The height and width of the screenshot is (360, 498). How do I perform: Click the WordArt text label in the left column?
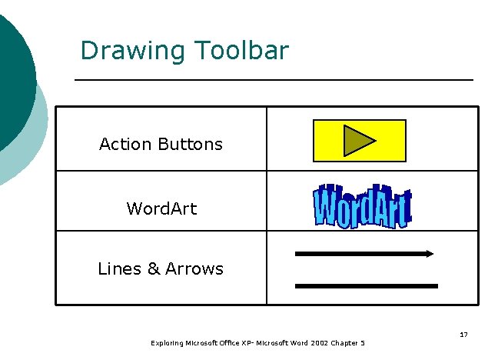click(x=161, y=208)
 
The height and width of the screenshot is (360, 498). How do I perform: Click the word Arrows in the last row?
click(x=194, y=268)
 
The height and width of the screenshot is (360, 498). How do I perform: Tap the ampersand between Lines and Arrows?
click(x=153, y=268)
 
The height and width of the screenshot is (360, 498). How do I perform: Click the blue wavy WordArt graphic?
click(x=362, y=206)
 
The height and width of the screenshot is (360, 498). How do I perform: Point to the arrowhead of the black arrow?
click(x=429, y=253)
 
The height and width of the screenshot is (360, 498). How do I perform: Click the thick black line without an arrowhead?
click(x=367, y=285)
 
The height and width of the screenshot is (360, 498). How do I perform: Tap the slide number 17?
click(x=463, y=335)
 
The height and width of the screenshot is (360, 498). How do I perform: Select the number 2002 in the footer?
click(x=317, y=343)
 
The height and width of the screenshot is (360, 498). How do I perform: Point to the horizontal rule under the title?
click(x=274, y=79)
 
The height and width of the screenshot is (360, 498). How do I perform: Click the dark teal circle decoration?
click(x=14, y=77)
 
